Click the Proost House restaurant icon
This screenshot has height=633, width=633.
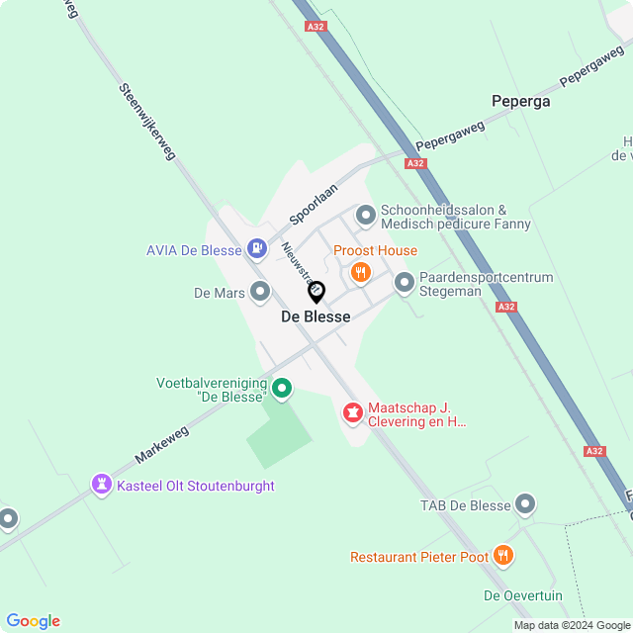coord(361,271)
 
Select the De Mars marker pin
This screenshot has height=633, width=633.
coord(260,292)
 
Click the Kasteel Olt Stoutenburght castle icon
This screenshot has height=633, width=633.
coord(101,485)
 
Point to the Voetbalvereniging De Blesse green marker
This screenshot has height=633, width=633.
coord(282,388)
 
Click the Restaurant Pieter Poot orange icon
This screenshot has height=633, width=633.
coord(503,556)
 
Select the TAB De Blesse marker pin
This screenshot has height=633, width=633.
coord(525,504)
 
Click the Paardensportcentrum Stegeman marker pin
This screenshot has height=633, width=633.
coord(405,284)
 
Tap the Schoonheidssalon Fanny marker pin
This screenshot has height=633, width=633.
coord(366,214)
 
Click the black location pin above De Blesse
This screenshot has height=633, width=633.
coord(316,292)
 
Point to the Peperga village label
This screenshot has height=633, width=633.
coord(520,101)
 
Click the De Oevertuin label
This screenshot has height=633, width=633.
coord(523,595)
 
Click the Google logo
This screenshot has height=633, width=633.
coord(33,620)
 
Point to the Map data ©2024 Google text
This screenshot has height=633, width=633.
coord(572,625)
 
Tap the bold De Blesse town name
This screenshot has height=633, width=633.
coord(316,316)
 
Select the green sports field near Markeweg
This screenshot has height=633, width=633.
coord(280,433)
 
